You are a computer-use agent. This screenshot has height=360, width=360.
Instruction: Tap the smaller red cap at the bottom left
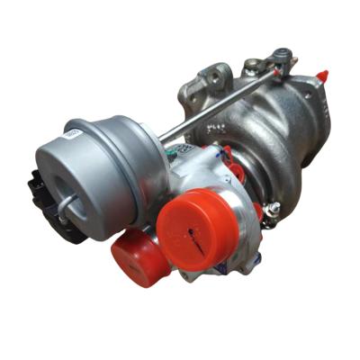(139, 256)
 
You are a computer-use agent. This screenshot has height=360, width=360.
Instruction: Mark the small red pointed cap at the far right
(321, 74)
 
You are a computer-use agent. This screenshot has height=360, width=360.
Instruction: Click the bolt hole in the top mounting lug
(216, 72)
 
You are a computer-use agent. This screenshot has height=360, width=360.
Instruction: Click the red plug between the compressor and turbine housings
(236, 171)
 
